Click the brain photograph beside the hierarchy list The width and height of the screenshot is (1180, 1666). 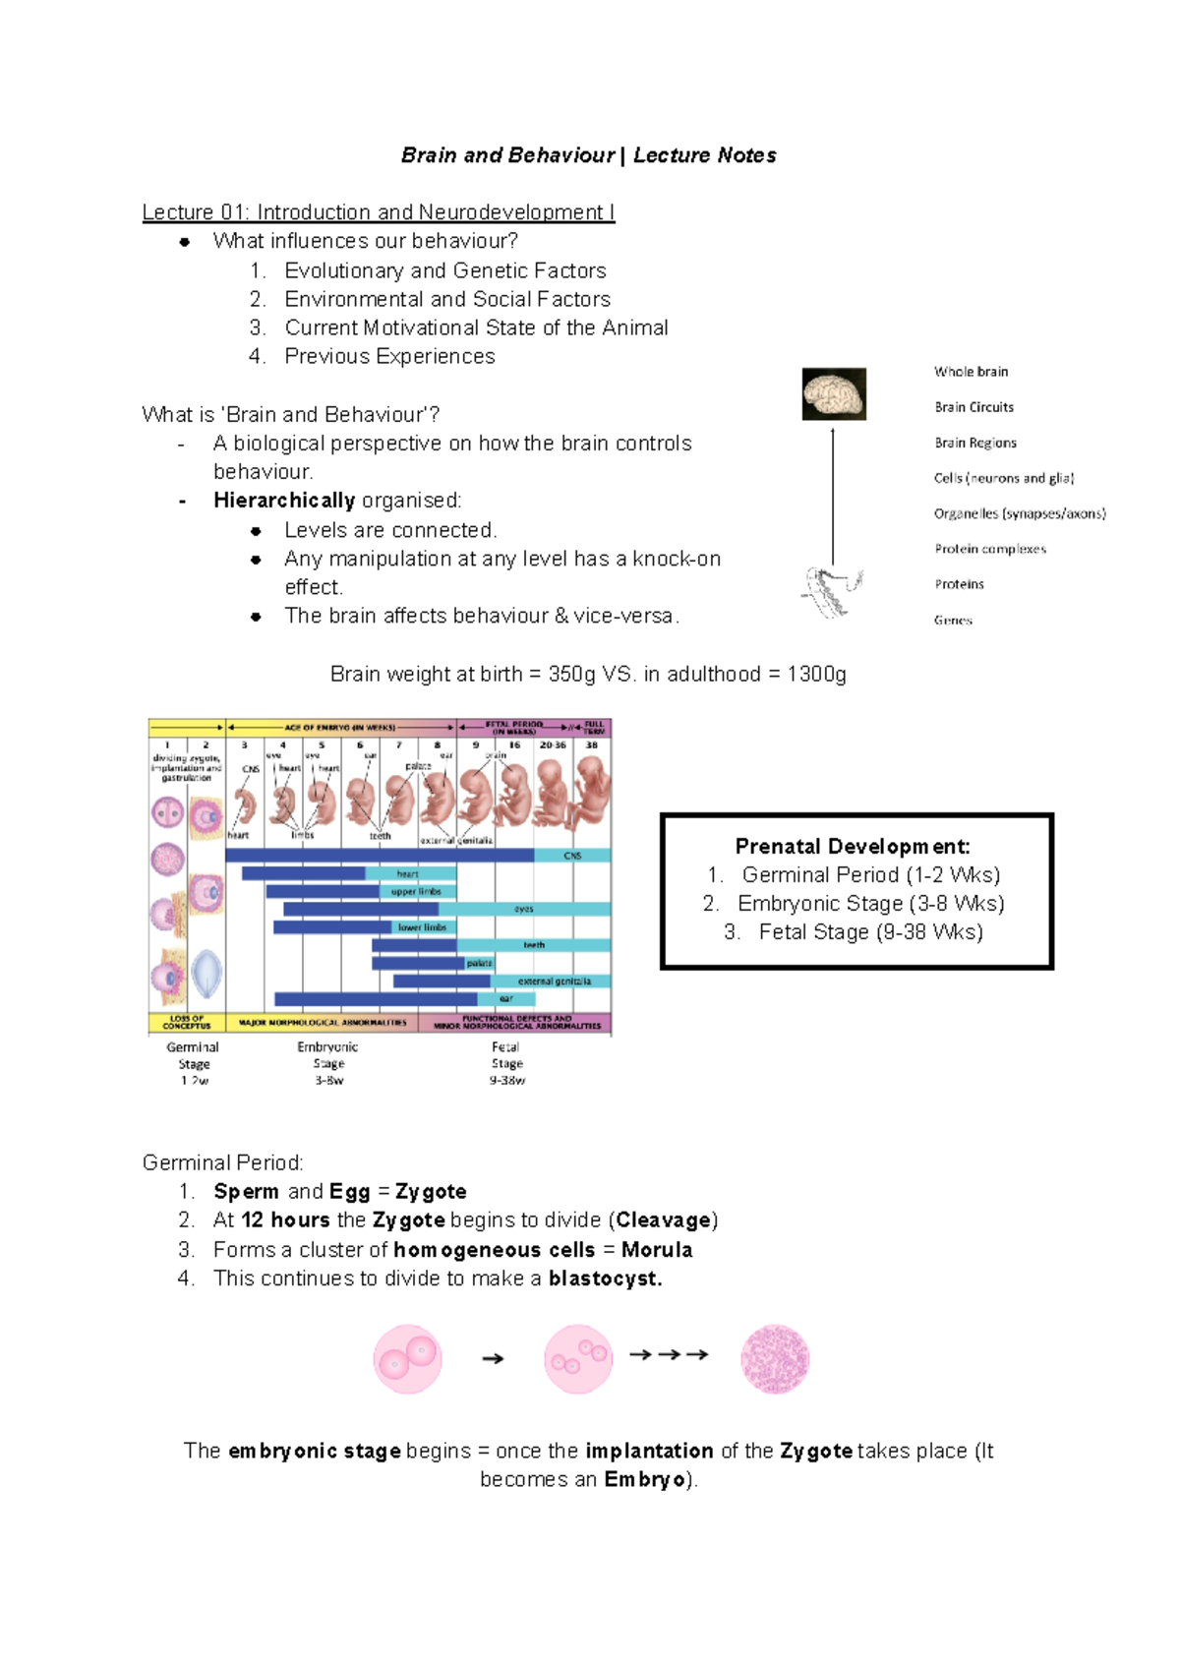coord(834,393)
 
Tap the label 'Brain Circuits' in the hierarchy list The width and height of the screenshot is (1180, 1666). coord(973,407)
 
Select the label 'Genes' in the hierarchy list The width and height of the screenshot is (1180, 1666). coord(953,621)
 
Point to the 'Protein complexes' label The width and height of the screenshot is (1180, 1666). coord(990,549)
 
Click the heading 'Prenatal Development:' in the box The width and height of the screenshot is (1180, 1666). coord(853,846)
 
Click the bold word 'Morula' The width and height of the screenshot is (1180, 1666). coord(657,1250)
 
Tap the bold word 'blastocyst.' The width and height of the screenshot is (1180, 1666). coord(605,1279)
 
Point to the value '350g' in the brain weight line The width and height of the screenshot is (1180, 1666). coord(571,675)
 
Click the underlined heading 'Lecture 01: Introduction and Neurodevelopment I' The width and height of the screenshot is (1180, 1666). coord(379,212)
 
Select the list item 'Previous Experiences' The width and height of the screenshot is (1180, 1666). coord(389,356)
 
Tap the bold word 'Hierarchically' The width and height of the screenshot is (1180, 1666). coord(284,501)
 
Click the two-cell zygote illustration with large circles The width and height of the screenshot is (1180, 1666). coord(407,1358)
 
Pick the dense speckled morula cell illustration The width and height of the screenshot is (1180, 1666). coord(775,1358)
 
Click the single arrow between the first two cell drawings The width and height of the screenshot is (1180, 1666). coord(493,1359)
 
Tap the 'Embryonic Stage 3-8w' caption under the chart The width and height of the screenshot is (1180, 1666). coord(328,1063)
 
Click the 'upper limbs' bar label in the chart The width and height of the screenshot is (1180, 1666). coord(417,892)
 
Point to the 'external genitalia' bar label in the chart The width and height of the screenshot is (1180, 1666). coord(555,982)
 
